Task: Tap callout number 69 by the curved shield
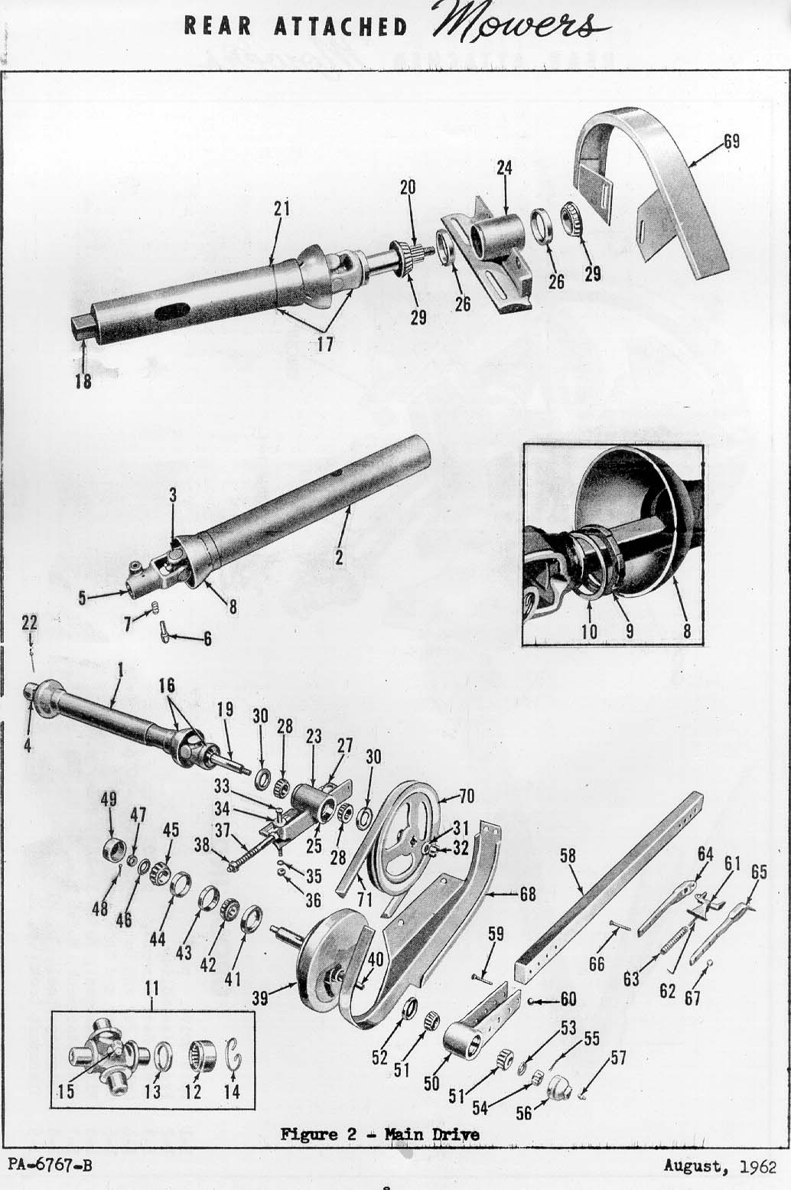(x=731, y=142)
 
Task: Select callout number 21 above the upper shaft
(x=282, y=208)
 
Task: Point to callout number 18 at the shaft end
(x=83, y=380)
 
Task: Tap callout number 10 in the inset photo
(x=589, y=632)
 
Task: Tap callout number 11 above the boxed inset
(x=151, y=989)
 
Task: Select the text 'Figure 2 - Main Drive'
(x=379, y=1135)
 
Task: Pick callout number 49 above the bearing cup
(x=109, y=799)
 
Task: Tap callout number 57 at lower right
(x=617, y=1058)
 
